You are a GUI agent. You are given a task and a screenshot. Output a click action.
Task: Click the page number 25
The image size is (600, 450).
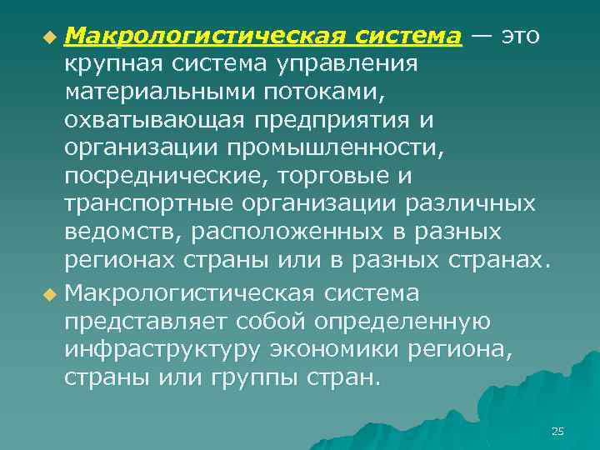[x=557, y=431]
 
